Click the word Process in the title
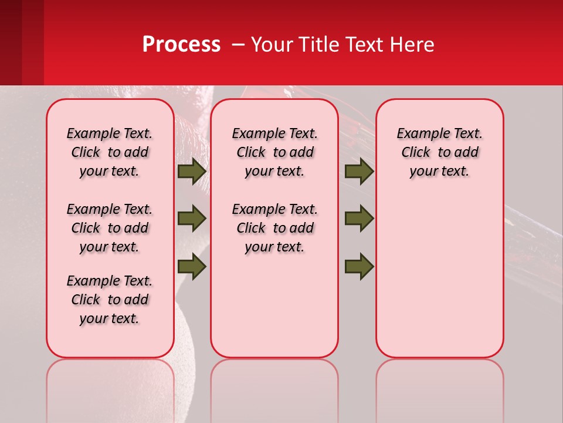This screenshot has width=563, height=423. tap(181, 45)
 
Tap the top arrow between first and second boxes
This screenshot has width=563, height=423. tap(192, 171)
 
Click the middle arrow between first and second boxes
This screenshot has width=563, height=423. tap(192, 219)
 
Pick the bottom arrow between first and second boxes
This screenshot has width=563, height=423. tap(192, 267)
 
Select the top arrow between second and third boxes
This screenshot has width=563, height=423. tap(359, 171)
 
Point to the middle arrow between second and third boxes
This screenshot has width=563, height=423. tap(359, 219)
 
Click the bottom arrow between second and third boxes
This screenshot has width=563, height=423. tap(359, 267)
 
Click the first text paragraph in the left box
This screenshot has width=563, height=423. tap(110, 152)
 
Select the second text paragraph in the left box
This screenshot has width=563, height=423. tap(110, 228)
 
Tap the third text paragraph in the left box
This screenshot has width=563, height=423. tap(110, 300)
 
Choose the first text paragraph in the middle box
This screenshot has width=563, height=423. tap(274, 152)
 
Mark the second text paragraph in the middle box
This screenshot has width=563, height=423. tap(274, 228)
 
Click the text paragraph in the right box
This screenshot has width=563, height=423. tap(439, 152)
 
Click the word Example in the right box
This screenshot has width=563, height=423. tap(419, 134)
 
